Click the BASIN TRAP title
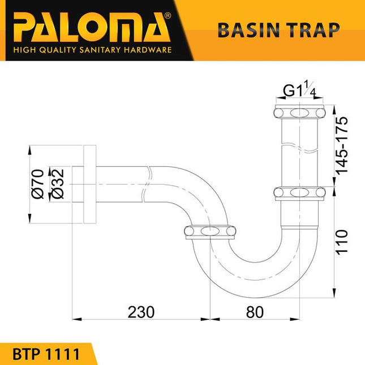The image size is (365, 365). [x=278, y=30]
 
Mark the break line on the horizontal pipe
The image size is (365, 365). [x=148, y=182]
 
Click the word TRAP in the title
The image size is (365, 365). [x=314, y=30]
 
